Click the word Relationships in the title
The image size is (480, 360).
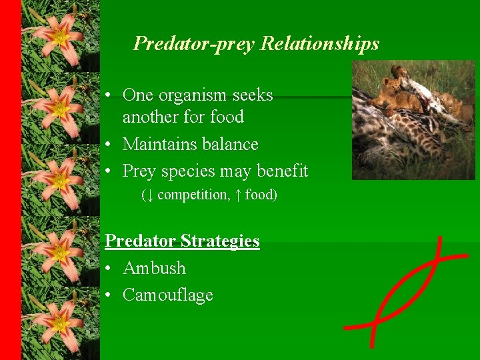[x=320, y=44]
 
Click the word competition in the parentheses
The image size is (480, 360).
[x=193, y=195]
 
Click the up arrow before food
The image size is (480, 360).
[x=237, y=195]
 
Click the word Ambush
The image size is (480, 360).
[x=154, y=268]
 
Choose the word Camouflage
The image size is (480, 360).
[x=168, y=295]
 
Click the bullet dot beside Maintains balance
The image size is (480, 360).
[x=109, y=145]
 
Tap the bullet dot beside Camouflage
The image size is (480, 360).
[x=109, y=295]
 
